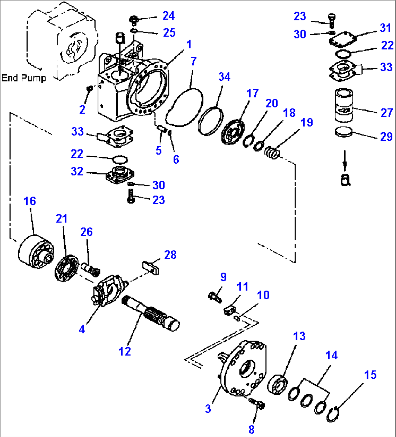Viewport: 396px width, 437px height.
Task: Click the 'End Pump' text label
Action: pyautogui.click(x=24, y=78)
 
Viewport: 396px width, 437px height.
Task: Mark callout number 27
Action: pyautogui.click(x=387, y=112)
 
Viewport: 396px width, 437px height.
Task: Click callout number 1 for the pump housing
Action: pyautogui.click(x=189, y=45)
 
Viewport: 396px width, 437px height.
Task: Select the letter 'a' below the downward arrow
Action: pyautogui.click(x=345, y=180)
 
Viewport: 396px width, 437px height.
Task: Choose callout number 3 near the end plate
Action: pyautogui.click(x=208, y=408)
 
